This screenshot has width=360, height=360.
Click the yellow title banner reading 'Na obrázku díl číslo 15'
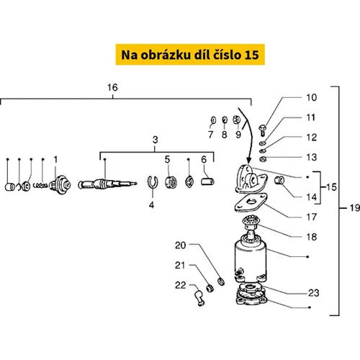tap(190, 55)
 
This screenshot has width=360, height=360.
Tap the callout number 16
tap(112, 88)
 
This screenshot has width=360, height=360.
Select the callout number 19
tap(355, 208)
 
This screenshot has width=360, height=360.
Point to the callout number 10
tap(311, 97)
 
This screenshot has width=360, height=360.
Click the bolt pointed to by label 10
tap(262, 130)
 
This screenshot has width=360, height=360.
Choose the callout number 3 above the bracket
tap(155, 140)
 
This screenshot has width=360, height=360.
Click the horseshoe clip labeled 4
tap(152, 183)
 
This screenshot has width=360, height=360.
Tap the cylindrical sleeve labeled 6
tap(207, 181)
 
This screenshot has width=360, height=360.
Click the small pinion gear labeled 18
tap(250, 222)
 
